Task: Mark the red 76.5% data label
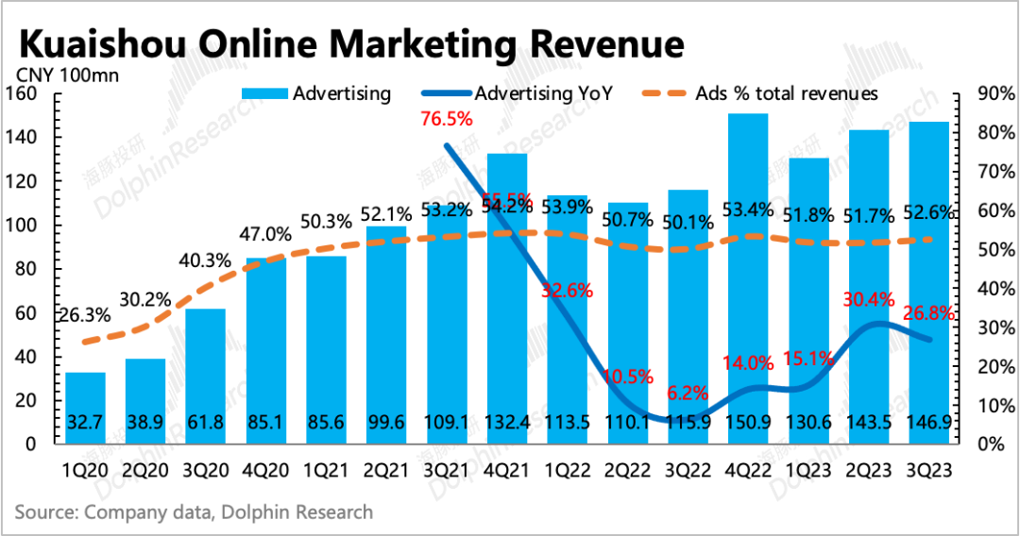(x=447, y=119)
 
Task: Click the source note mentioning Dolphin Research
(x=194, y=512)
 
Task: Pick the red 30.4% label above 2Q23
(x=870, y=300)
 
